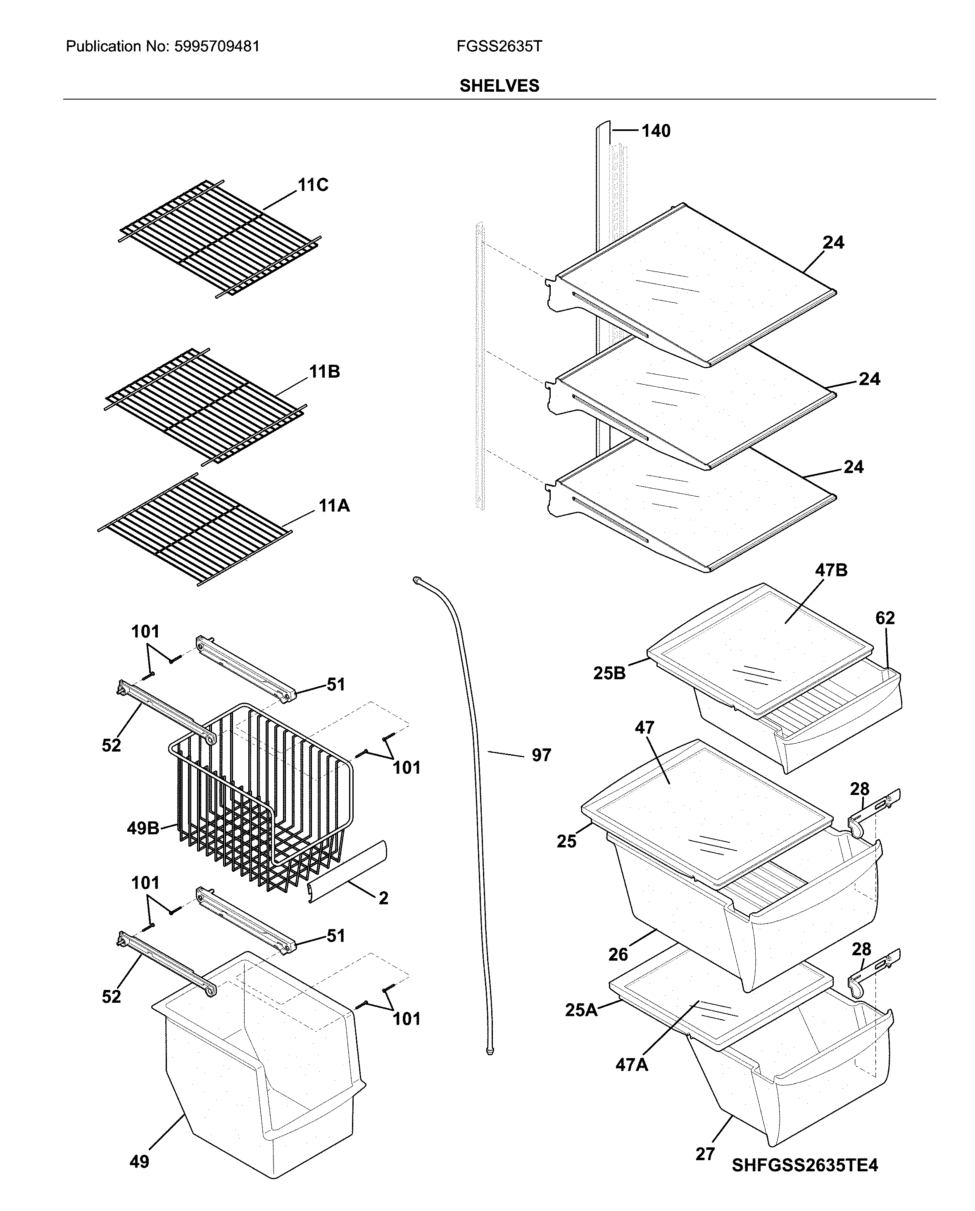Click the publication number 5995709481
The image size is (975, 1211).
click(217, 46)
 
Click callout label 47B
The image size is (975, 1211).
click(831, 570)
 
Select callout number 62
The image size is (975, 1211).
click(885, 618)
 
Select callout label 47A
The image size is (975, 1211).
click(631, 1064)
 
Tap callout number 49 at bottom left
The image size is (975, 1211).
click(139, 1161)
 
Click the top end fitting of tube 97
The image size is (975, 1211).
click(416, 579)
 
